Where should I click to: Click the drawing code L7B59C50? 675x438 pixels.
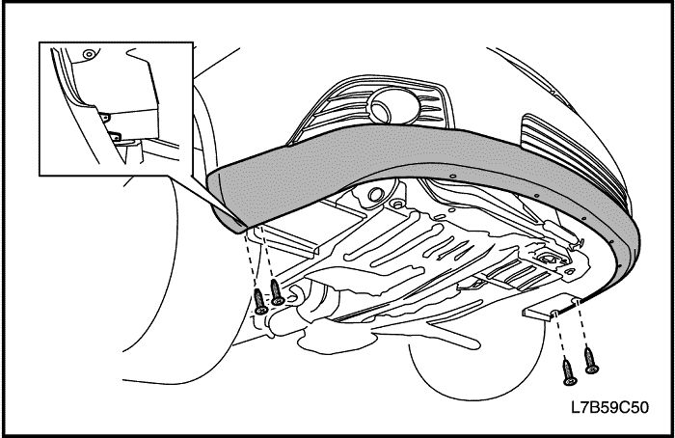point(609,407)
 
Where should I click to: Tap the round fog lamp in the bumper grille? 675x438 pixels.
point(390,105)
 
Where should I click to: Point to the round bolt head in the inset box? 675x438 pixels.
point(89,54)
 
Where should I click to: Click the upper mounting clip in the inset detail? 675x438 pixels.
point(104,117)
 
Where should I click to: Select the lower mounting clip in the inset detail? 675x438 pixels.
point(116,136)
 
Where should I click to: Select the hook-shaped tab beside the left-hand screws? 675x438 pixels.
point(294,294)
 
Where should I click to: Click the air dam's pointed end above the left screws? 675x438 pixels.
point(239,229)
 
